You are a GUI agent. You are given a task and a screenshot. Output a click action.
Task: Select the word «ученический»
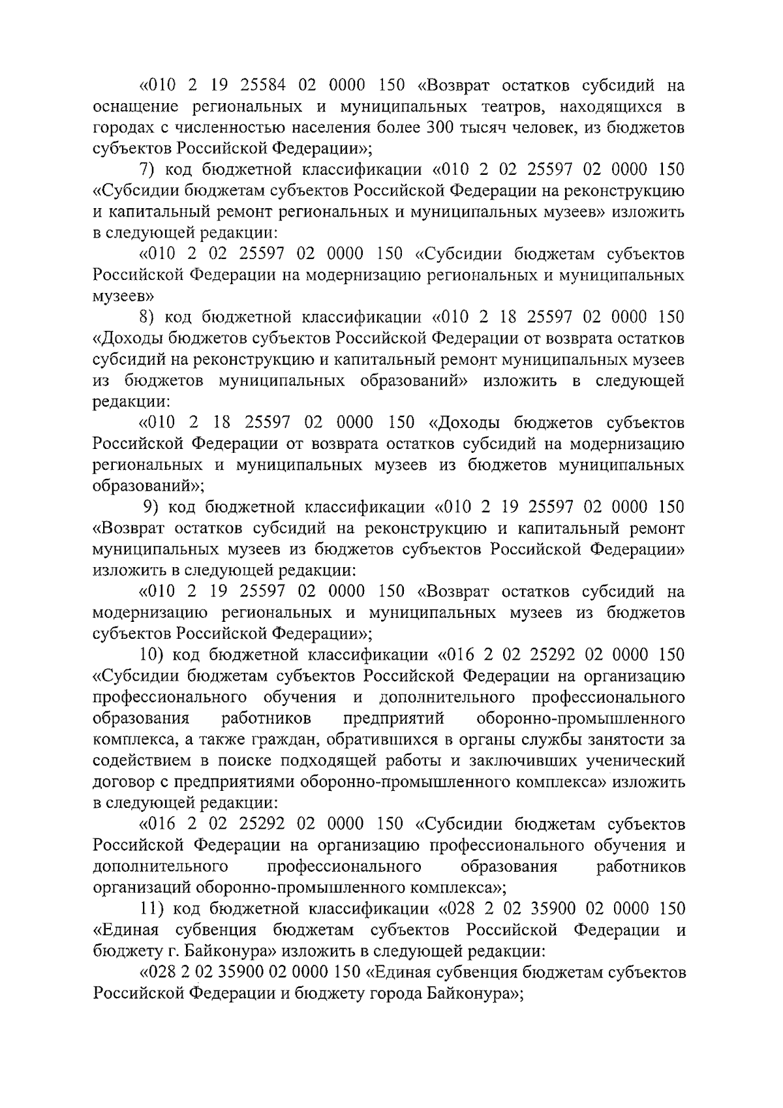631,761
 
